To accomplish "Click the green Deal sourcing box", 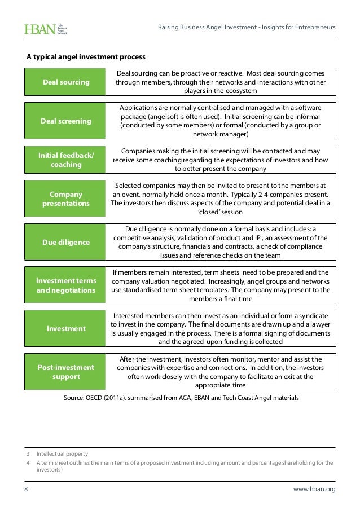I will pyautogui.click(x=66, y=82).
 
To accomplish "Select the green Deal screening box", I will pyautogui.click(x=66, y=121).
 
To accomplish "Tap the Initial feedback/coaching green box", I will pyautogui.click(x=66, y=160).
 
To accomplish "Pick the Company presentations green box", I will pyautogui.click(x=66, y=199).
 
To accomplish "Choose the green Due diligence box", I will pyautogui.click(x=66, y=243).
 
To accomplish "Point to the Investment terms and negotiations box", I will pyautogui.click(x=66, y=285).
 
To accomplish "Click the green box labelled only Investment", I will pyautogui.click(x=66, y=328).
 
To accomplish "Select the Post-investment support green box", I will pyautogui.click(x=66, y=372).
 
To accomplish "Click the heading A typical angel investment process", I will pyautogui.click(x=86, y=57).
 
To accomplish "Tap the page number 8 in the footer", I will pyautogui.click(x=26, y=489).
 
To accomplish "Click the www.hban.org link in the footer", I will pyautogui.click(x=314, y=489).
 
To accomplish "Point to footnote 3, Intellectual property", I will pyautogui.click(x=62, y=453).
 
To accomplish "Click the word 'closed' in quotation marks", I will pyautogui.click(x=212, y=212).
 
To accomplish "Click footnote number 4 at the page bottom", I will pyautogui.click(x=27, y=463).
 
